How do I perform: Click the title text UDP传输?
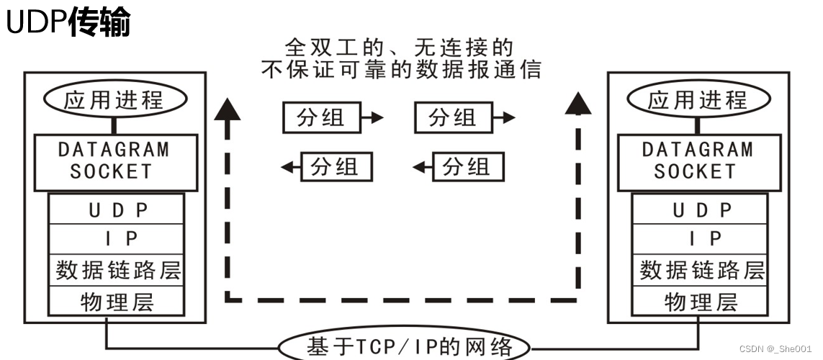[68, 23]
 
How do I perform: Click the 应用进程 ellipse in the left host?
[114, 100]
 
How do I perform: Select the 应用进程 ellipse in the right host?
[698, 100]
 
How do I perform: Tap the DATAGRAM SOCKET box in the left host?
[114, 160]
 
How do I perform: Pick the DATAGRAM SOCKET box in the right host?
[697, 160]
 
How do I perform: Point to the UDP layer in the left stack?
[117, 210]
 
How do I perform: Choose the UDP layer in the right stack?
[701, 210]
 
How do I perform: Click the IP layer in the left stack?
[117, 239]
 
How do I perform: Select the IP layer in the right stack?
[701, 239]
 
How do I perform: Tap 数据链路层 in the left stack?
[117, 270]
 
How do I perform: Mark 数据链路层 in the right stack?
[701, 270]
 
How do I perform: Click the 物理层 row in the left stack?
[117, 301]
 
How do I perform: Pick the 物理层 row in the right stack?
[701, 301]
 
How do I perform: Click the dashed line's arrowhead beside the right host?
[577, 105]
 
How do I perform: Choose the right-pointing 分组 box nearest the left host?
[320, 117]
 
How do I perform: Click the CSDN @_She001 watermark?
[777, 348]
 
